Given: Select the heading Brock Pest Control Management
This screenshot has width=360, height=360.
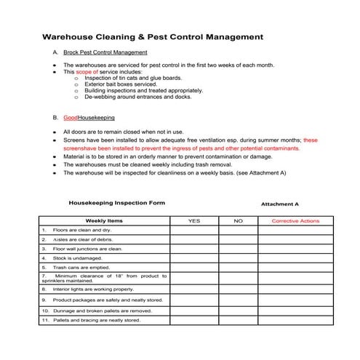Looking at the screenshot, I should tap(105, 53).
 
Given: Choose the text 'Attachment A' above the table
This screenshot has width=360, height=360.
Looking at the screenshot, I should tap(279, 204).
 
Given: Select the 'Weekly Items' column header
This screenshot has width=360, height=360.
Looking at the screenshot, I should tap(104, 220).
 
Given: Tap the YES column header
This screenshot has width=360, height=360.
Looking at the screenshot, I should tap(194, 220).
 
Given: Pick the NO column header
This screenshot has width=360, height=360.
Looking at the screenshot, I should tap(238, 220).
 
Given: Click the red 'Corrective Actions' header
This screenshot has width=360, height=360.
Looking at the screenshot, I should tap(295, 220).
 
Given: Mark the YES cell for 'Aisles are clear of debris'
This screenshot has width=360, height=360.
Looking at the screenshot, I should tap(194, 239).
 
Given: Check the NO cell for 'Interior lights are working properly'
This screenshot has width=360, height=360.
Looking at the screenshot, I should tap(238, 289).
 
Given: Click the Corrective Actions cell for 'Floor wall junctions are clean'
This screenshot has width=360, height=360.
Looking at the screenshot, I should tap(295, 248).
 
